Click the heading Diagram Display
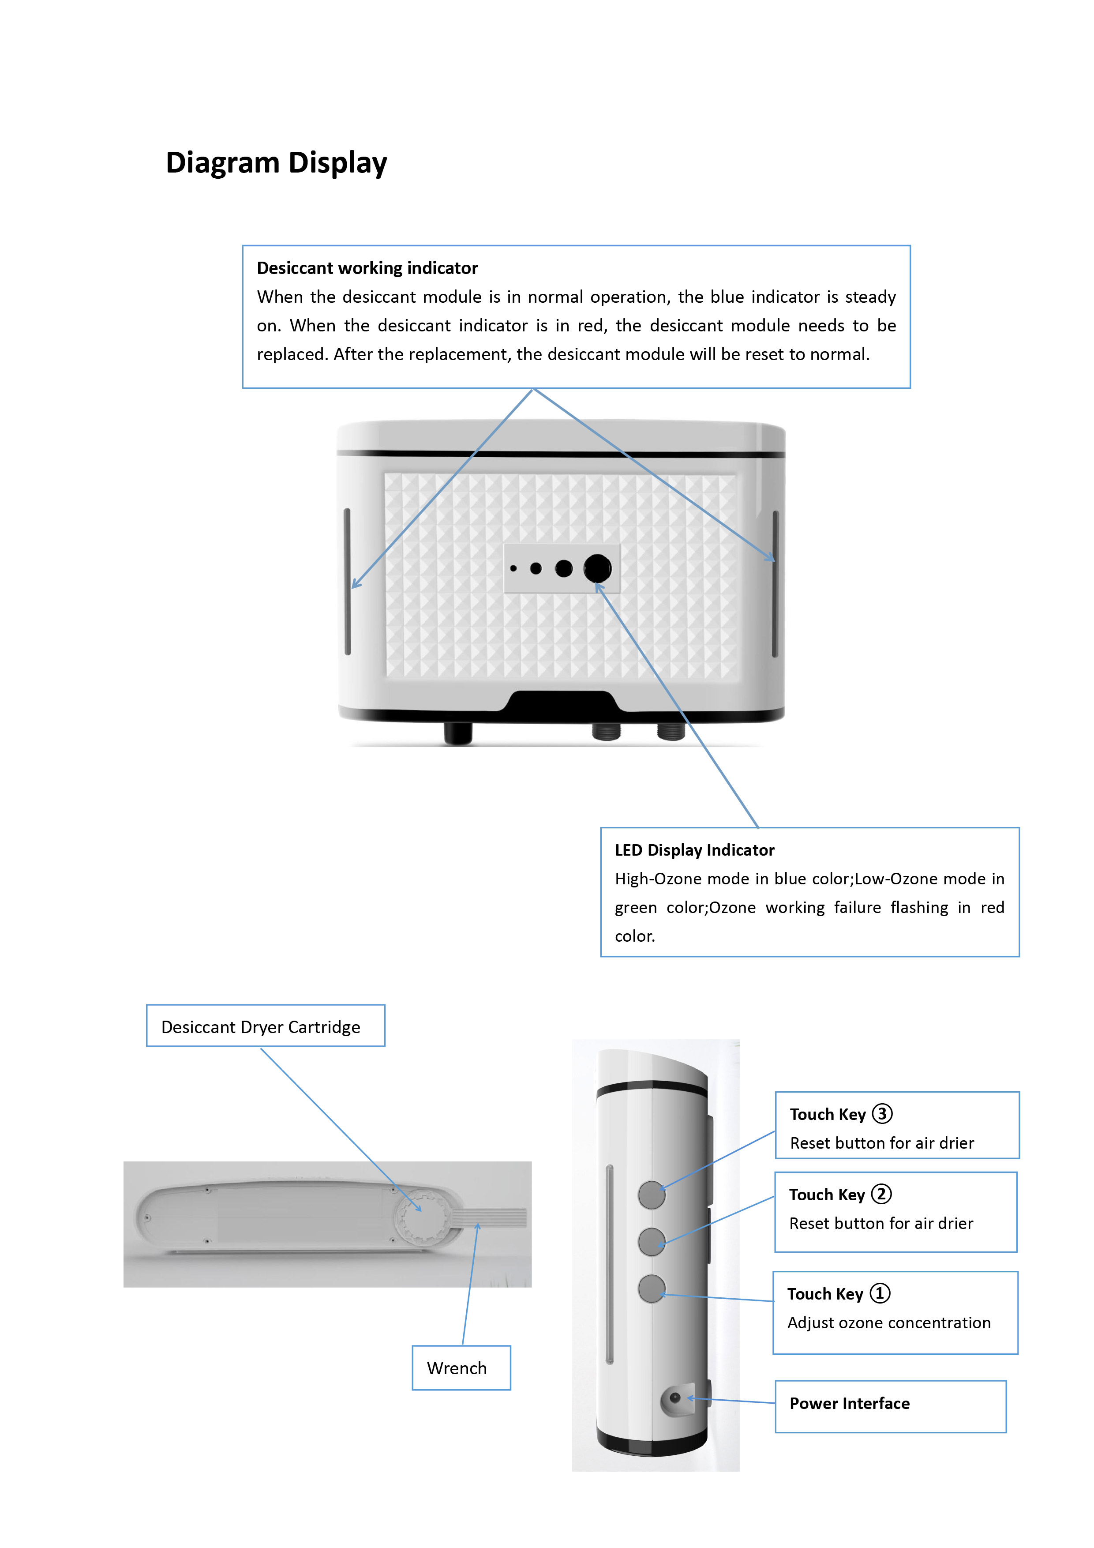click(276, 163)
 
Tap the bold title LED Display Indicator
click(694, 850)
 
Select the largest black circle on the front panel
click(597, 568)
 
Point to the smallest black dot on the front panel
click(513, 568)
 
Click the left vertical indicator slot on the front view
click(347, 581)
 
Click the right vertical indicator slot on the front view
click(775, 584)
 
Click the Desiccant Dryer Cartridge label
click(261, 1027)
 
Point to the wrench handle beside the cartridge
click(495, 1217)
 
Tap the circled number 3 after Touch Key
click(882, 1114)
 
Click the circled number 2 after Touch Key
click(881, 1194)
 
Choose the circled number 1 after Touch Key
click(880, 1293)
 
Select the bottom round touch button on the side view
click(652, 1289)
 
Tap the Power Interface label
click(849, 1404)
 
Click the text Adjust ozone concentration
click(889, 1323)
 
